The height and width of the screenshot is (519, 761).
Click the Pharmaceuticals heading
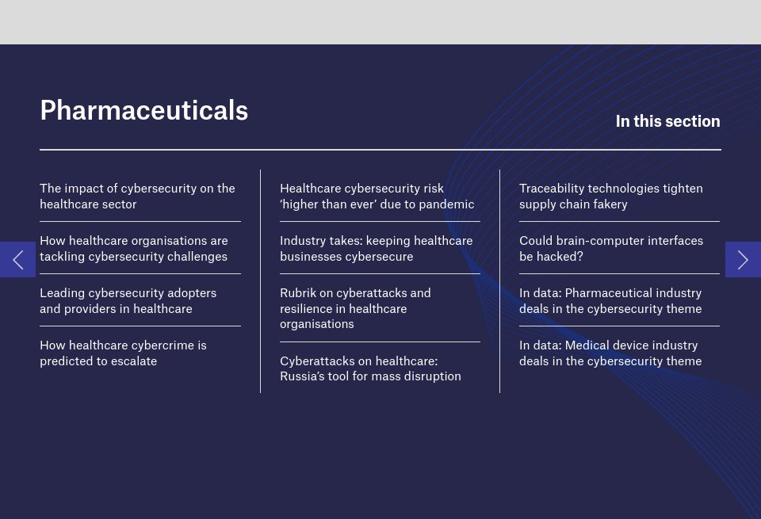click(x=143, y=110)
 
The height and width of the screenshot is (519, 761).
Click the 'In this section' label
click(x=667, y=121)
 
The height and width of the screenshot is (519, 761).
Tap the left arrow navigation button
click(x=17, y=259)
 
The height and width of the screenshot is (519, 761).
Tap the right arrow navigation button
click(x=743, y=259)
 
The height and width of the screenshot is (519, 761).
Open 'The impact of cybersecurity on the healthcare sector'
click(x=137, y=197)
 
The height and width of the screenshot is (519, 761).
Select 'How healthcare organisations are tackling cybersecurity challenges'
click(x=133, y=249)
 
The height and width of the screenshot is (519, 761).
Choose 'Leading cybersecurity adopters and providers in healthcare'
click(x=128, y=301)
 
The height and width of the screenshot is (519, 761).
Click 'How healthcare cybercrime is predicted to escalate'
click(x=123, y=353)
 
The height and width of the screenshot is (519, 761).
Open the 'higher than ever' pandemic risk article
click(x=377, y=197)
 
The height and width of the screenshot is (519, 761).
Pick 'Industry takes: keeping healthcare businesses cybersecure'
click(x=376, y=249)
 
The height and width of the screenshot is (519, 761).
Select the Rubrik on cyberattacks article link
click(x=355, y=308)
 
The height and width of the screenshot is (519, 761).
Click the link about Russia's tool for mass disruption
click(x=370, y=368)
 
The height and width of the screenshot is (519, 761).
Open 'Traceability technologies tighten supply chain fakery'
click(x=610, y=197)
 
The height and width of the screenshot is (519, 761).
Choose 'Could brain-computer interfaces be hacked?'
click(x=610, y=249)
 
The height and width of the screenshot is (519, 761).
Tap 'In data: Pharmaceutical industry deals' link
click(x=610, y=301)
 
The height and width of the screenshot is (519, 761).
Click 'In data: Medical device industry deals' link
click(x=610, y=353)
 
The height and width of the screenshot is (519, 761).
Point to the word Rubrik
click(x=298, y=293)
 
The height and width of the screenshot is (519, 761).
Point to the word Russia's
click(x=304, y=376)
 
